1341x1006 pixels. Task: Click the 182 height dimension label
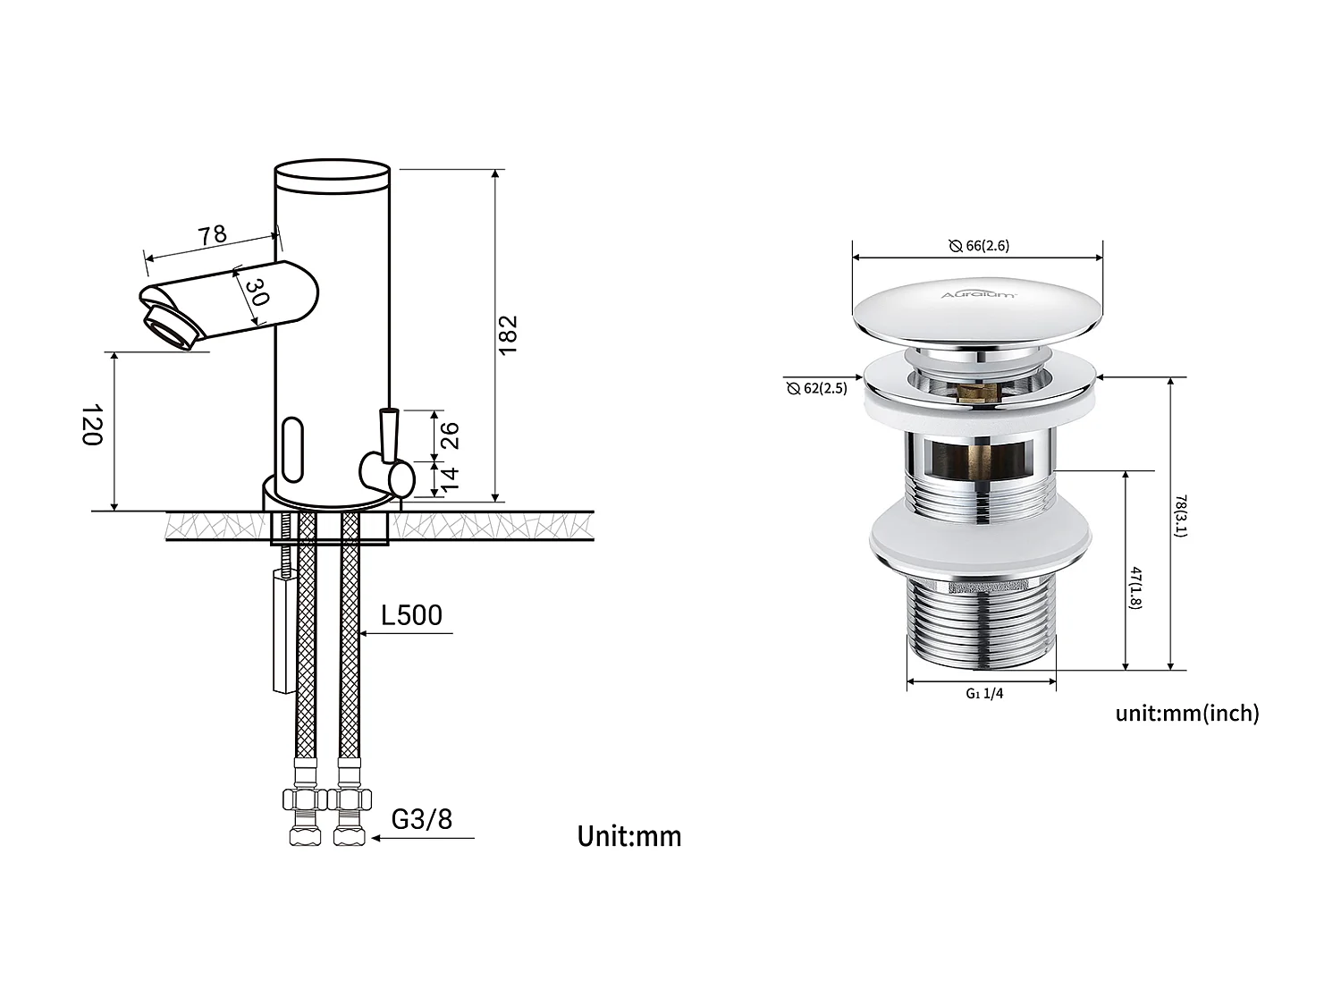508,335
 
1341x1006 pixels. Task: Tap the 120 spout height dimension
93,424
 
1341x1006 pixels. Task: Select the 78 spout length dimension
212,235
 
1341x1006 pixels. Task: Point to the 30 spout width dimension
256,292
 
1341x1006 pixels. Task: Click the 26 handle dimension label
450,435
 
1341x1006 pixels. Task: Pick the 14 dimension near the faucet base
450,478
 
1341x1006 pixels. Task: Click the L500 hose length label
411,615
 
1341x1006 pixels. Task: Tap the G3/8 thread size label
422,818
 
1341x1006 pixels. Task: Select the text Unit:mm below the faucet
628,836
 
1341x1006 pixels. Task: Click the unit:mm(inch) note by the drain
1186,713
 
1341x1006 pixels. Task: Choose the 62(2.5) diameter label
817,388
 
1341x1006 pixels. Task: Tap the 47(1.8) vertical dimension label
1135,588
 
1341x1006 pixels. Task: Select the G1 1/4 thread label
984,693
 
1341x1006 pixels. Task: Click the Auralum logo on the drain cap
978,294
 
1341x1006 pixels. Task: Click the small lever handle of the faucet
388,435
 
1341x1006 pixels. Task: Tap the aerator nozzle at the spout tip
169,327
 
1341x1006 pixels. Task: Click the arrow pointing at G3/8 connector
379,838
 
